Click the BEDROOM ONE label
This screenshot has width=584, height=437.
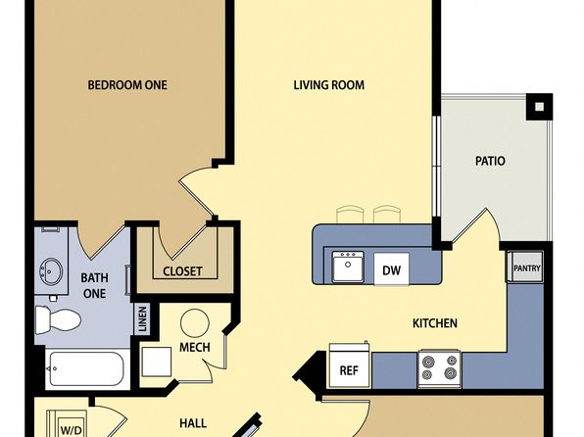(x=127, y=85)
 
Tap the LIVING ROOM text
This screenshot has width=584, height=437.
(x=329, y=85)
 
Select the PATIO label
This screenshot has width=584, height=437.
(x=490, y=161)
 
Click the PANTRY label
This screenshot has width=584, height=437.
(x=526, y=268)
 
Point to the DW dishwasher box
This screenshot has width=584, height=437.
(x=391, y=269)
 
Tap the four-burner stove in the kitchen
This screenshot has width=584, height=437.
(x=439, y=368)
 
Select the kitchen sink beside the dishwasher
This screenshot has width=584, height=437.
(x=348, y=267)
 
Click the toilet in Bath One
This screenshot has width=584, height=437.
(x=58, y=319)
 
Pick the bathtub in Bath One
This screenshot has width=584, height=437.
(x=86, y=369)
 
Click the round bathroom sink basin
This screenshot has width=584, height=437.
(x=51, y=270)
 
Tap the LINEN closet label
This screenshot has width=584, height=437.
(x=142, y=318)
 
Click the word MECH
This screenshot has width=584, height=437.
(x=194, y=347)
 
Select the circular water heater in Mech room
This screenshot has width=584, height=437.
(x=194, y=323)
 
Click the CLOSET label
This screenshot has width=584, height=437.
(x=182, y=271)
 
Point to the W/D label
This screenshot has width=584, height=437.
(x=71, y=431)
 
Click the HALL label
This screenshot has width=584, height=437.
(x=193, y=423)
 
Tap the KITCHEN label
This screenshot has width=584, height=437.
(x=435, y=323)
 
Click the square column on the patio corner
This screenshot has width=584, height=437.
(x=539, y=107)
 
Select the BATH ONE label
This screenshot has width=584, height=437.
(x=95, y=285)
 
